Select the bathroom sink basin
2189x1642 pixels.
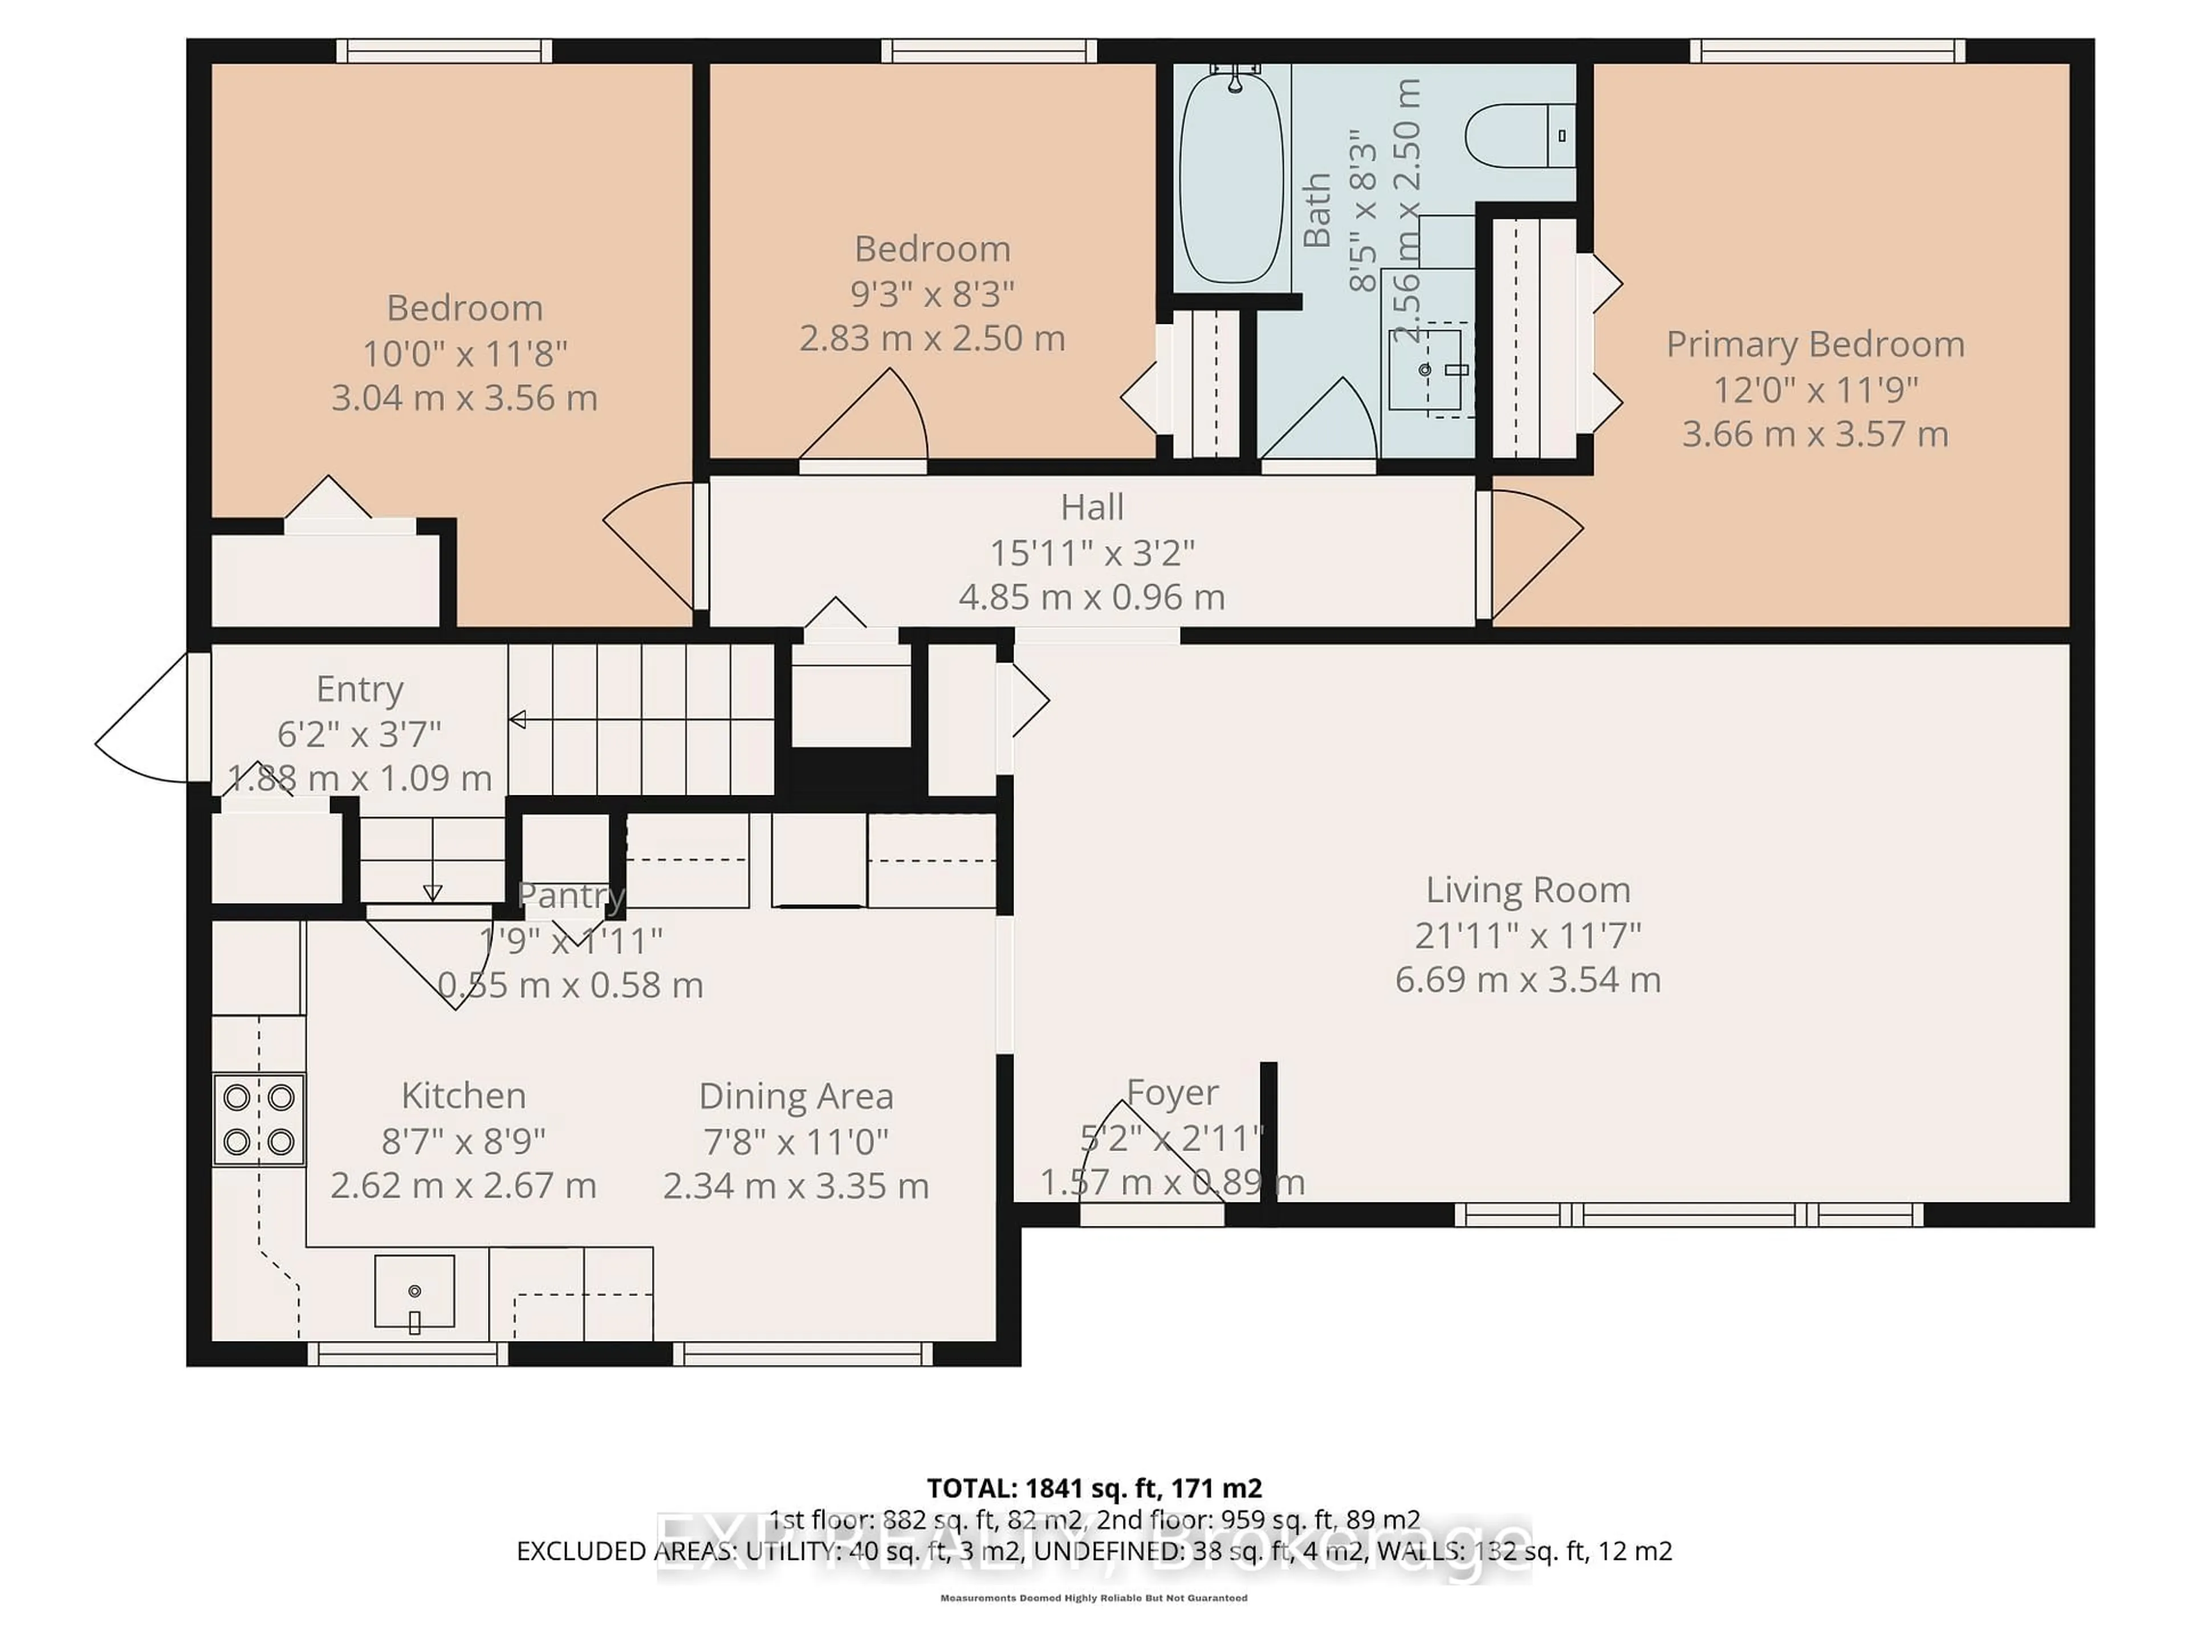coord(1425,369)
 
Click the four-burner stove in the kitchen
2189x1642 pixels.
coord(258,1119)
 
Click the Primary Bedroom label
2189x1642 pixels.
coord(1815,344)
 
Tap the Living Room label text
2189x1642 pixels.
coord(1527,890)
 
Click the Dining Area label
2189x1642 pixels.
coord(796,1096)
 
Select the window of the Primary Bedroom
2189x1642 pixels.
coord(1827,51)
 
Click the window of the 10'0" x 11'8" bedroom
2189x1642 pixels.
coord(444,51)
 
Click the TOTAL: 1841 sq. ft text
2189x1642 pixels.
coord(1093,1487)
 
